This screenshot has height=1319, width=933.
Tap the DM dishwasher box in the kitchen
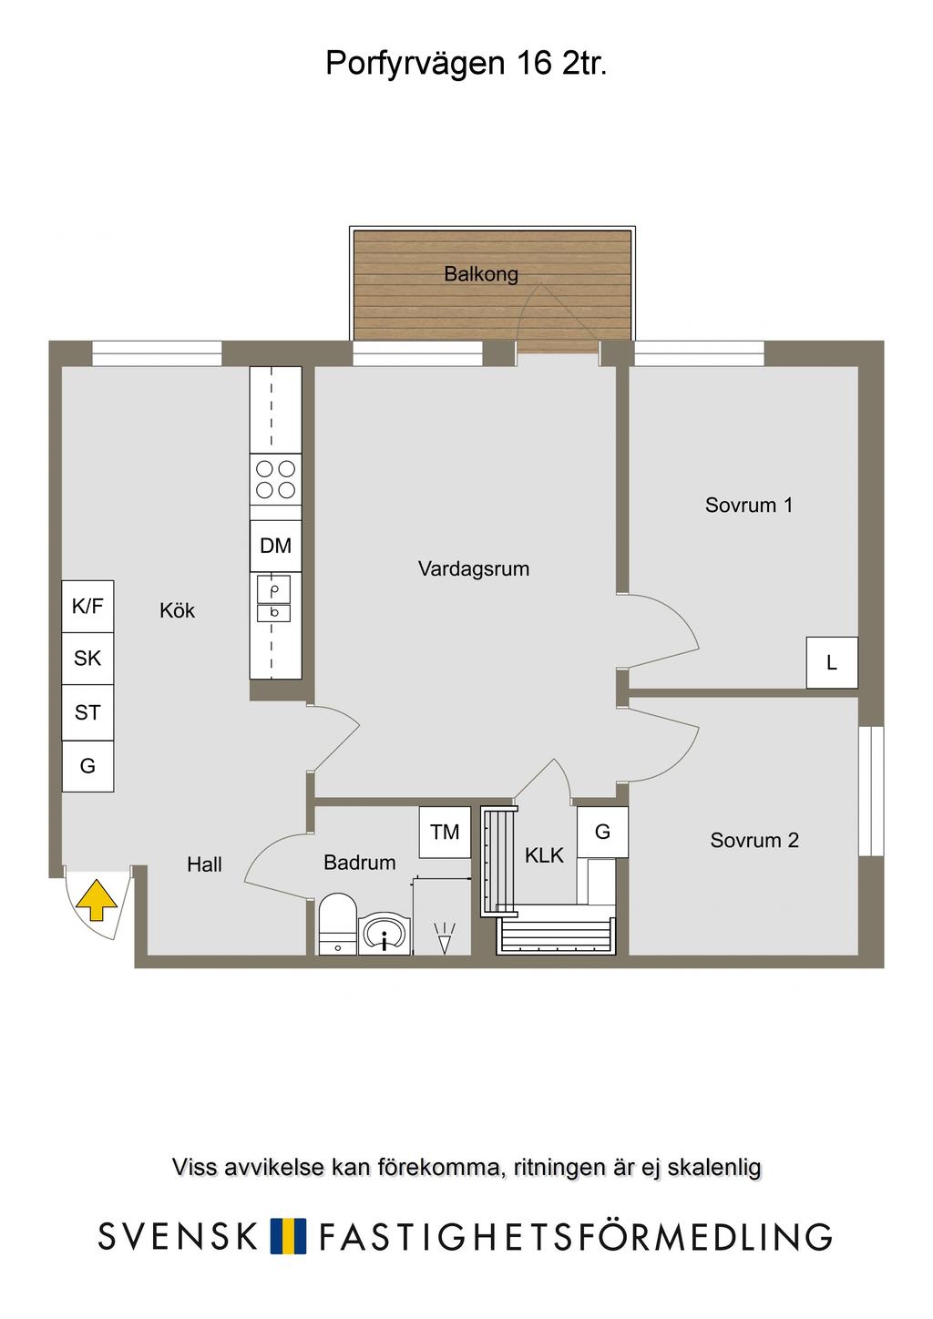coord(276,546)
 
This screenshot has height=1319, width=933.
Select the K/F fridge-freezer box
coord(87,607)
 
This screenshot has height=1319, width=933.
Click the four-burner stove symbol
coord(276,479)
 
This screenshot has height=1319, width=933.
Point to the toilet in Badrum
coord(337,924)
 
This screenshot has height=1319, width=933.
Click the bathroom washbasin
coord(384,934)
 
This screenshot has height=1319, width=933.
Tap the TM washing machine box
coord(445,832)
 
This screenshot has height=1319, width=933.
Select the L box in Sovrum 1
coord(832,662)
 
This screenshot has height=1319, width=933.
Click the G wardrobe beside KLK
coord(602,832)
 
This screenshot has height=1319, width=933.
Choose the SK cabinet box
coord(87,659)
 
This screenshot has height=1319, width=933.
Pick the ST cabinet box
coord(87,712)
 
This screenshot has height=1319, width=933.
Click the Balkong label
coord(481,274)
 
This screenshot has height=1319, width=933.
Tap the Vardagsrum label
coord(474,568)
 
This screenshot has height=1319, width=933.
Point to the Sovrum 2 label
coord(754,840)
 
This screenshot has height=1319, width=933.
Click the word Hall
coord(204,864)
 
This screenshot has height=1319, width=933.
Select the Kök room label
coord(177,610)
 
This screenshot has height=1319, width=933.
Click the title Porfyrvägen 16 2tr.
coord(466,64)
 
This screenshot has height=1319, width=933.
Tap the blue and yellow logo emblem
coord(288,1236)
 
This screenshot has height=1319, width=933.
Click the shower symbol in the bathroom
coord(444,938)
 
